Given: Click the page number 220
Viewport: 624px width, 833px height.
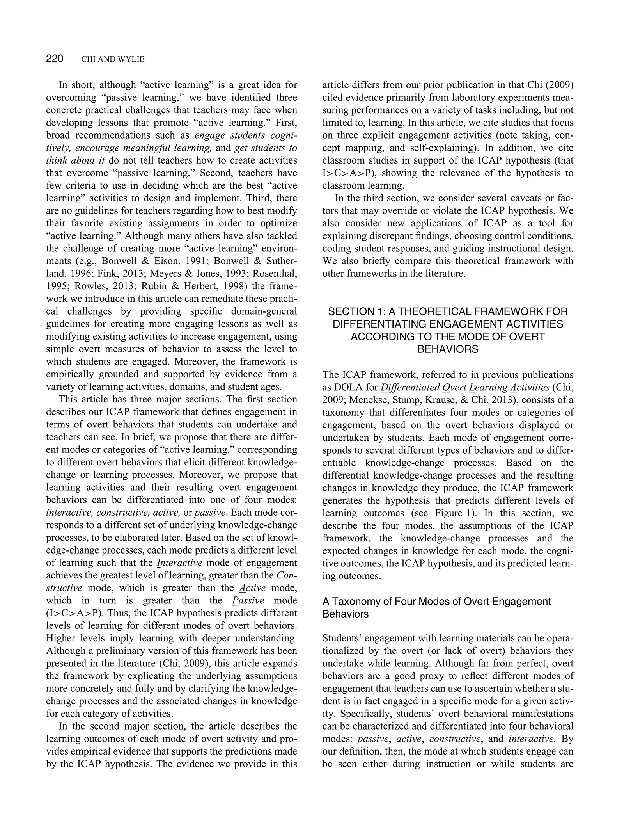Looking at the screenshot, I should click(x=55, y=59).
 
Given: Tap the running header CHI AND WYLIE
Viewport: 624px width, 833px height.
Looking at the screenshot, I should click(x=112, y=59).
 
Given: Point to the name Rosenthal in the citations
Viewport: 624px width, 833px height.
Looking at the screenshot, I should click(x=275, y=274).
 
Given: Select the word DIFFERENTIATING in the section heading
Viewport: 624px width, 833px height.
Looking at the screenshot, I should click(x=376, y=324).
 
